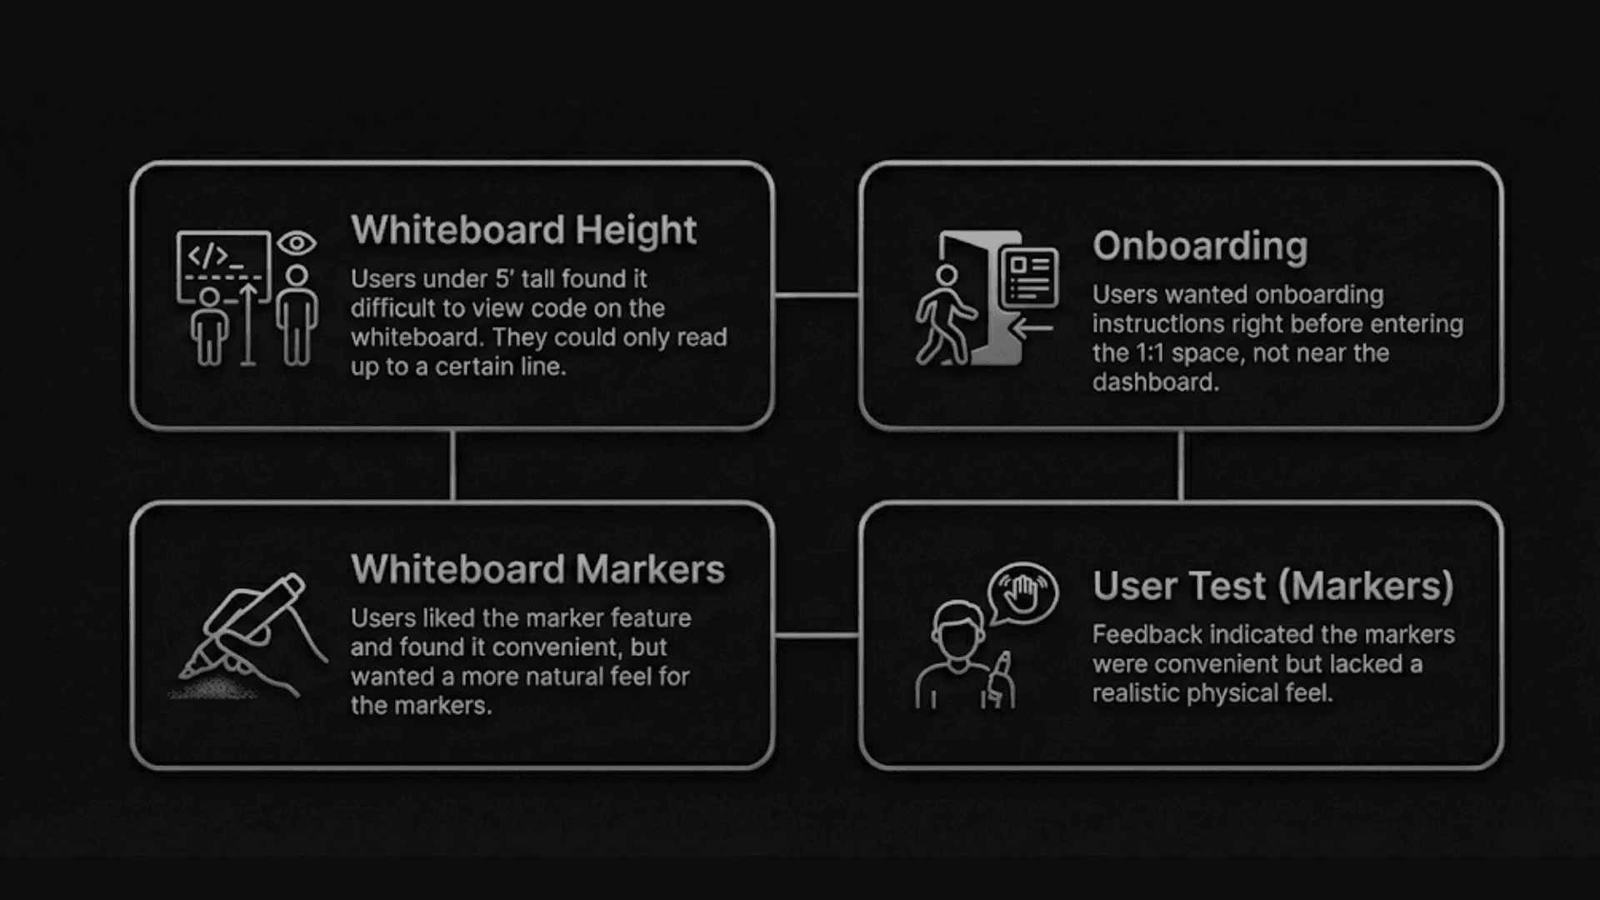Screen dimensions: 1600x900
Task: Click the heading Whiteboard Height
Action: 523,230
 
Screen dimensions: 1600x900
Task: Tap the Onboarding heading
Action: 1200,246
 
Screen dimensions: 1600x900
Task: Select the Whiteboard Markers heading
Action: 537,569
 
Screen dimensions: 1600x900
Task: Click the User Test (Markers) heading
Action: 1272,586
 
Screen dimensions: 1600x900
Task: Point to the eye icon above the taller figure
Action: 297,243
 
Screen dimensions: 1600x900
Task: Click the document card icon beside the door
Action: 1030,277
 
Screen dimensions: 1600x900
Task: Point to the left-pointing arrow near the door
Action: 1033,328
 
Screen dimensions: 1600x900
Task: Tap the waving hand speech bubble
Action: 1022,594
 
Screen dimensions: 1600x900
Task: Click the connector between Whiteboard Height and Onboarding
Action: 817,294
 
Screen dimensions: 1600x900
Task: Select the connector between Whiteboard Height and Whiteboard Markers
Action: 452,465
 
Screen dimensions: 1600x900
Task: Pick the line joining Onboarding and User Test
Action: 1181,465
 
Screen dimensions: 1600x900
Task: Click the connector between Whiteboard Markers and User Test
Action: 817,635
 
